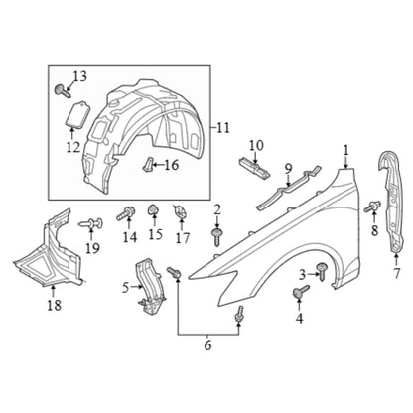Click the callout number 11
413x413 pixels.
point(223,127)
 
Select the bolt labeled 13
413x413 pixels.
point(62,90)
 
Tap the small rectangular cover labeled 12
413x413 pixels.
point(76,114)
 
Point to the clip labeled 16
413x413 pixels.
point(148,164)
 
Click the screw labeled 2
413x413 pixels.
point(217,237)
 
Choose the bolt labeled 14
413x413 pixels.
point(126,213)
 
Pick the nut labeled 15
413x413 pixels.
point(153,209)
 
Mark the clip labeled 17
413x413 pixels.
point(180,212)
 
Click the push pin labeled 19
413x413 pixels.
point(91,224)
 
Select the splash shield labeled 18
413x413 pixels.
point(50,251)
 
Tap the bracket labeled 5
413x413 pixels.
point(150,286)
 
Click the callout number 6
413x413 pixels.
point(207,345)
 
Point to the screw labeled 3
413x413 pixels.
point(322,271)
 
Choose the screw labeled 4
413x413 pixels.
point(301,292)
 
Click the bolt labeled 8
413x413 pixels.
point(372,206)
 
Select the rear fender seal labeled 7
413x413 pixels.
point(394,202)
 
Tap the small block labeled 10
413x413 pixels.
point(254,167)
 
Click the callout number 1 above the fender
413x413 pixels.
point(345,151)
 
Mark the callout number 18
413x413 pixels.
point(54,305)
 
